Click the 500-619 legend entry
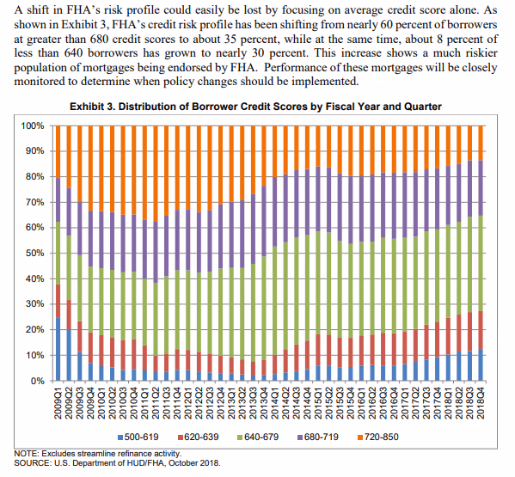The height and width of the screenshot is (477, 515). (x=138, y=437)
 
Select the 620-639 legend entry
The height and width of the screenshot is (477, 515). (x=199, y=437)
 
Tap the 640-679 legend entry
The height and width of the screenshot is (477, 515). (x=258, y=437)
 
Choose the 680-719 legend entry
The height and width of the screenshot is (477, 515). (x=318, y=437)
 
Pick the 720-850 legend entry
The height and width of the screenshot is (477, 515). (x=378, y=437)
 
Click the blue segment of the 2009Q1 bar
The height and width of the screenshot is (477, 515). (x=58, y=349)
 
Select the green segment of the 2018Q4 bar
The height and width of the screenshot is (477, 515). (x=481, y=263)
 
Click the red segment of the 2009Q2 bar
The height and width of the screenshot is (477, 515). (x=69, y=315)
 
